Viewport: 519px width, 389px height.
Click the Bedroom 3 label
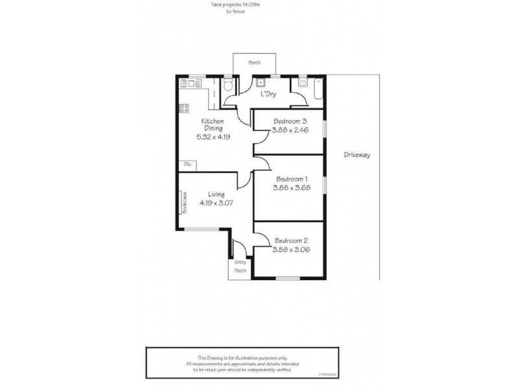(x=289, y=121)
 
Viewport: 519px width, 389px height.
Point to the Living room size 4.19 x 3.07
(x=216, y=203)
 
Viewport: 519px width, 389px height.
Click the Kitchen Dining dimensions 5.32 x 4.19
(x=213, y=137)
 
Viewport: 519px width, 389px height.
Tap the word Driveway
(x=356, y=156)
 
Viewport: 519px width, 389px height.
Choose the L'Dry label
(x=269, y=95)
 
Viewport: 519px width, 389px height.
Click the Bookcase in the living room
(x=184, y=202)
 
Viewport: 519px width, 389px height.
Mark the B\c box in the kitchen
(x=187, y=165)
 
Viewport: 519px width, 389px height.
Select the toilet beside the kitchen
(x=228, y=87)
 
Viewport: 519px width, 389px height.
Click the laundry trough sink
(x=259, y=82)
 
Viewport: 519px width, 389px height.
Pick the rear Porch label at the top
(x=254, y=63)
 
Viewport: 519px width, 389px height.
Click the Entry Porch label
(x=239, y=266)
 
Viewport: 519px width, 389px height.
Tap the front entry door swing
(x=239, y=248)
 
